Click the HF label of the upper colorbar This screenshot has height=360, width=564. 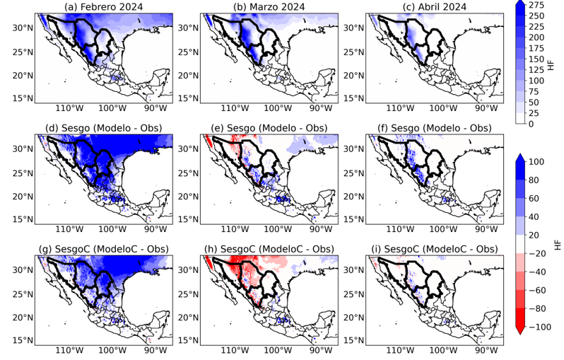click(x=551, y=64)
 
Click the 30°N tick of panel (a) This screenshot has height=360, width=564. click(x=23, y=28)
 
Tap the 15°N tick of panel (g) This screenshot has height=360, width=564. click(x=23, y=340)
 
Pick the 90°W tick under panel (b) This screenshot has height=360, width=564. click(x=321, y=108)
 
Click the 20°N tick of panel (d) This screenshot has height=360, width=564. click(x=23, y=196)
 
